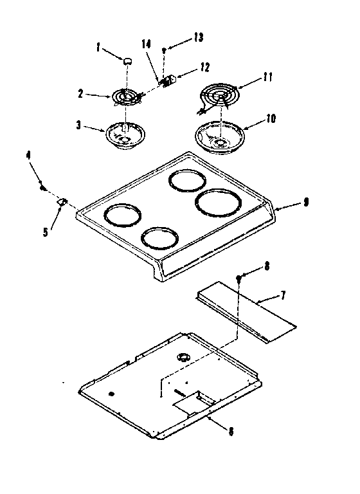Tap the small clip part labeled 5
pyautogui.click(x=62, y=203)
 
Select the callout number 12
pyautogui.click(x=205, y=66)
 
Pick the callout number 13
pyautogui.click(x=197, y=38)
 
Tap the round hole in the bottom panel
pyautogui.click(x=183, y=356)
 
